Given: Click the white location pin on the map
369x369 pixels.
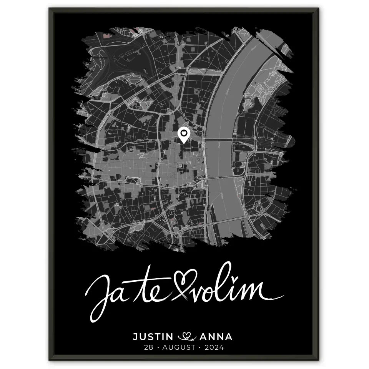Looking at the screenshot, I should (184, 135).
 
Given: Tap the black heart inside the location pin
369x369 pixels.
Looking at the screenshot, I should (184, 133).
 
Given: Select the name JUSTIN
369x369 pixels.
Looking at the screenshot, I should (153, 337).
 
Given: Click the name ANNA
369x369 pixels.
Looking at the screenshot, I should (216, 337).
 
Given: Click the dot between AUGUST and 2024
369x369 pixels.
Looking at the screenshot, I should (201, 348).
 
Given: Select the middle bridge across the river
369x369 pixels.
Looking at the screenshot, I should (221, 178).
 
